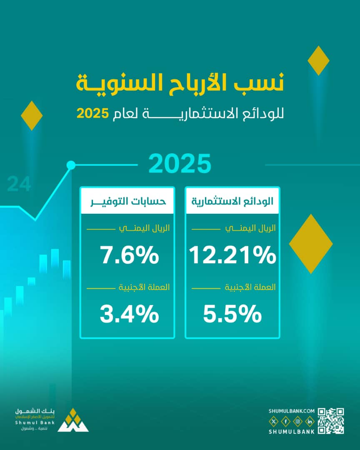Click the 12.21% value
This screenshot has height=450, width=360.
pos(232,255)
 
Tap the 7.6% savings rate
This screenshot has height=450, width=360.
pos(130,255)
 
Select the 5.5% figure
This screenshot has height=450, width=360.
pos(232,314)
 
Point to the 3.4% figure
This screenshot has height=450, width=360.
pos(130,314)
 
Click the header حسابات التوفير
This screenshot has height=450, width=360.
pos(127,201)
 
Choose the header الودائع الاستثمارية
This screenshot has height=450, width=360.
pos(232,201)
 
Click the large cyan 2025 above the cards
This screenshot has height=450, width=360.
pos(180,164)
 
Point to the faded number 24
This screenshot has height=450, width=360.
pos(19,185)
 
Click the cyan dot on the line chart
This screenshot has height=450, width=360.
pos(71,165)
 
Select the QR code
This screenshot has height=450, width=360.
pos(331,421)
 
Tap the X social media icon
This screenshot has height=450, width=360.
pos(273,422)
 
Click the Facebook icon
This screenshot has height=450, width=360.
pos(285,422)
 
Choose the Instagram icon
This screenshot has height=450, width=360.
pos(297,422)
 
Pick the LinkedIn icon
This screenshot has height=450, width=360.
pos(310,422)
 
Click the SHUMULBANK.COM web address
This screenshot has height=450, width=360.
pos(292,411)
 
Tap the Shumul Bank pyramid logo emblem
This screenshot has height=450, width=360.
pos(73,421)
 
